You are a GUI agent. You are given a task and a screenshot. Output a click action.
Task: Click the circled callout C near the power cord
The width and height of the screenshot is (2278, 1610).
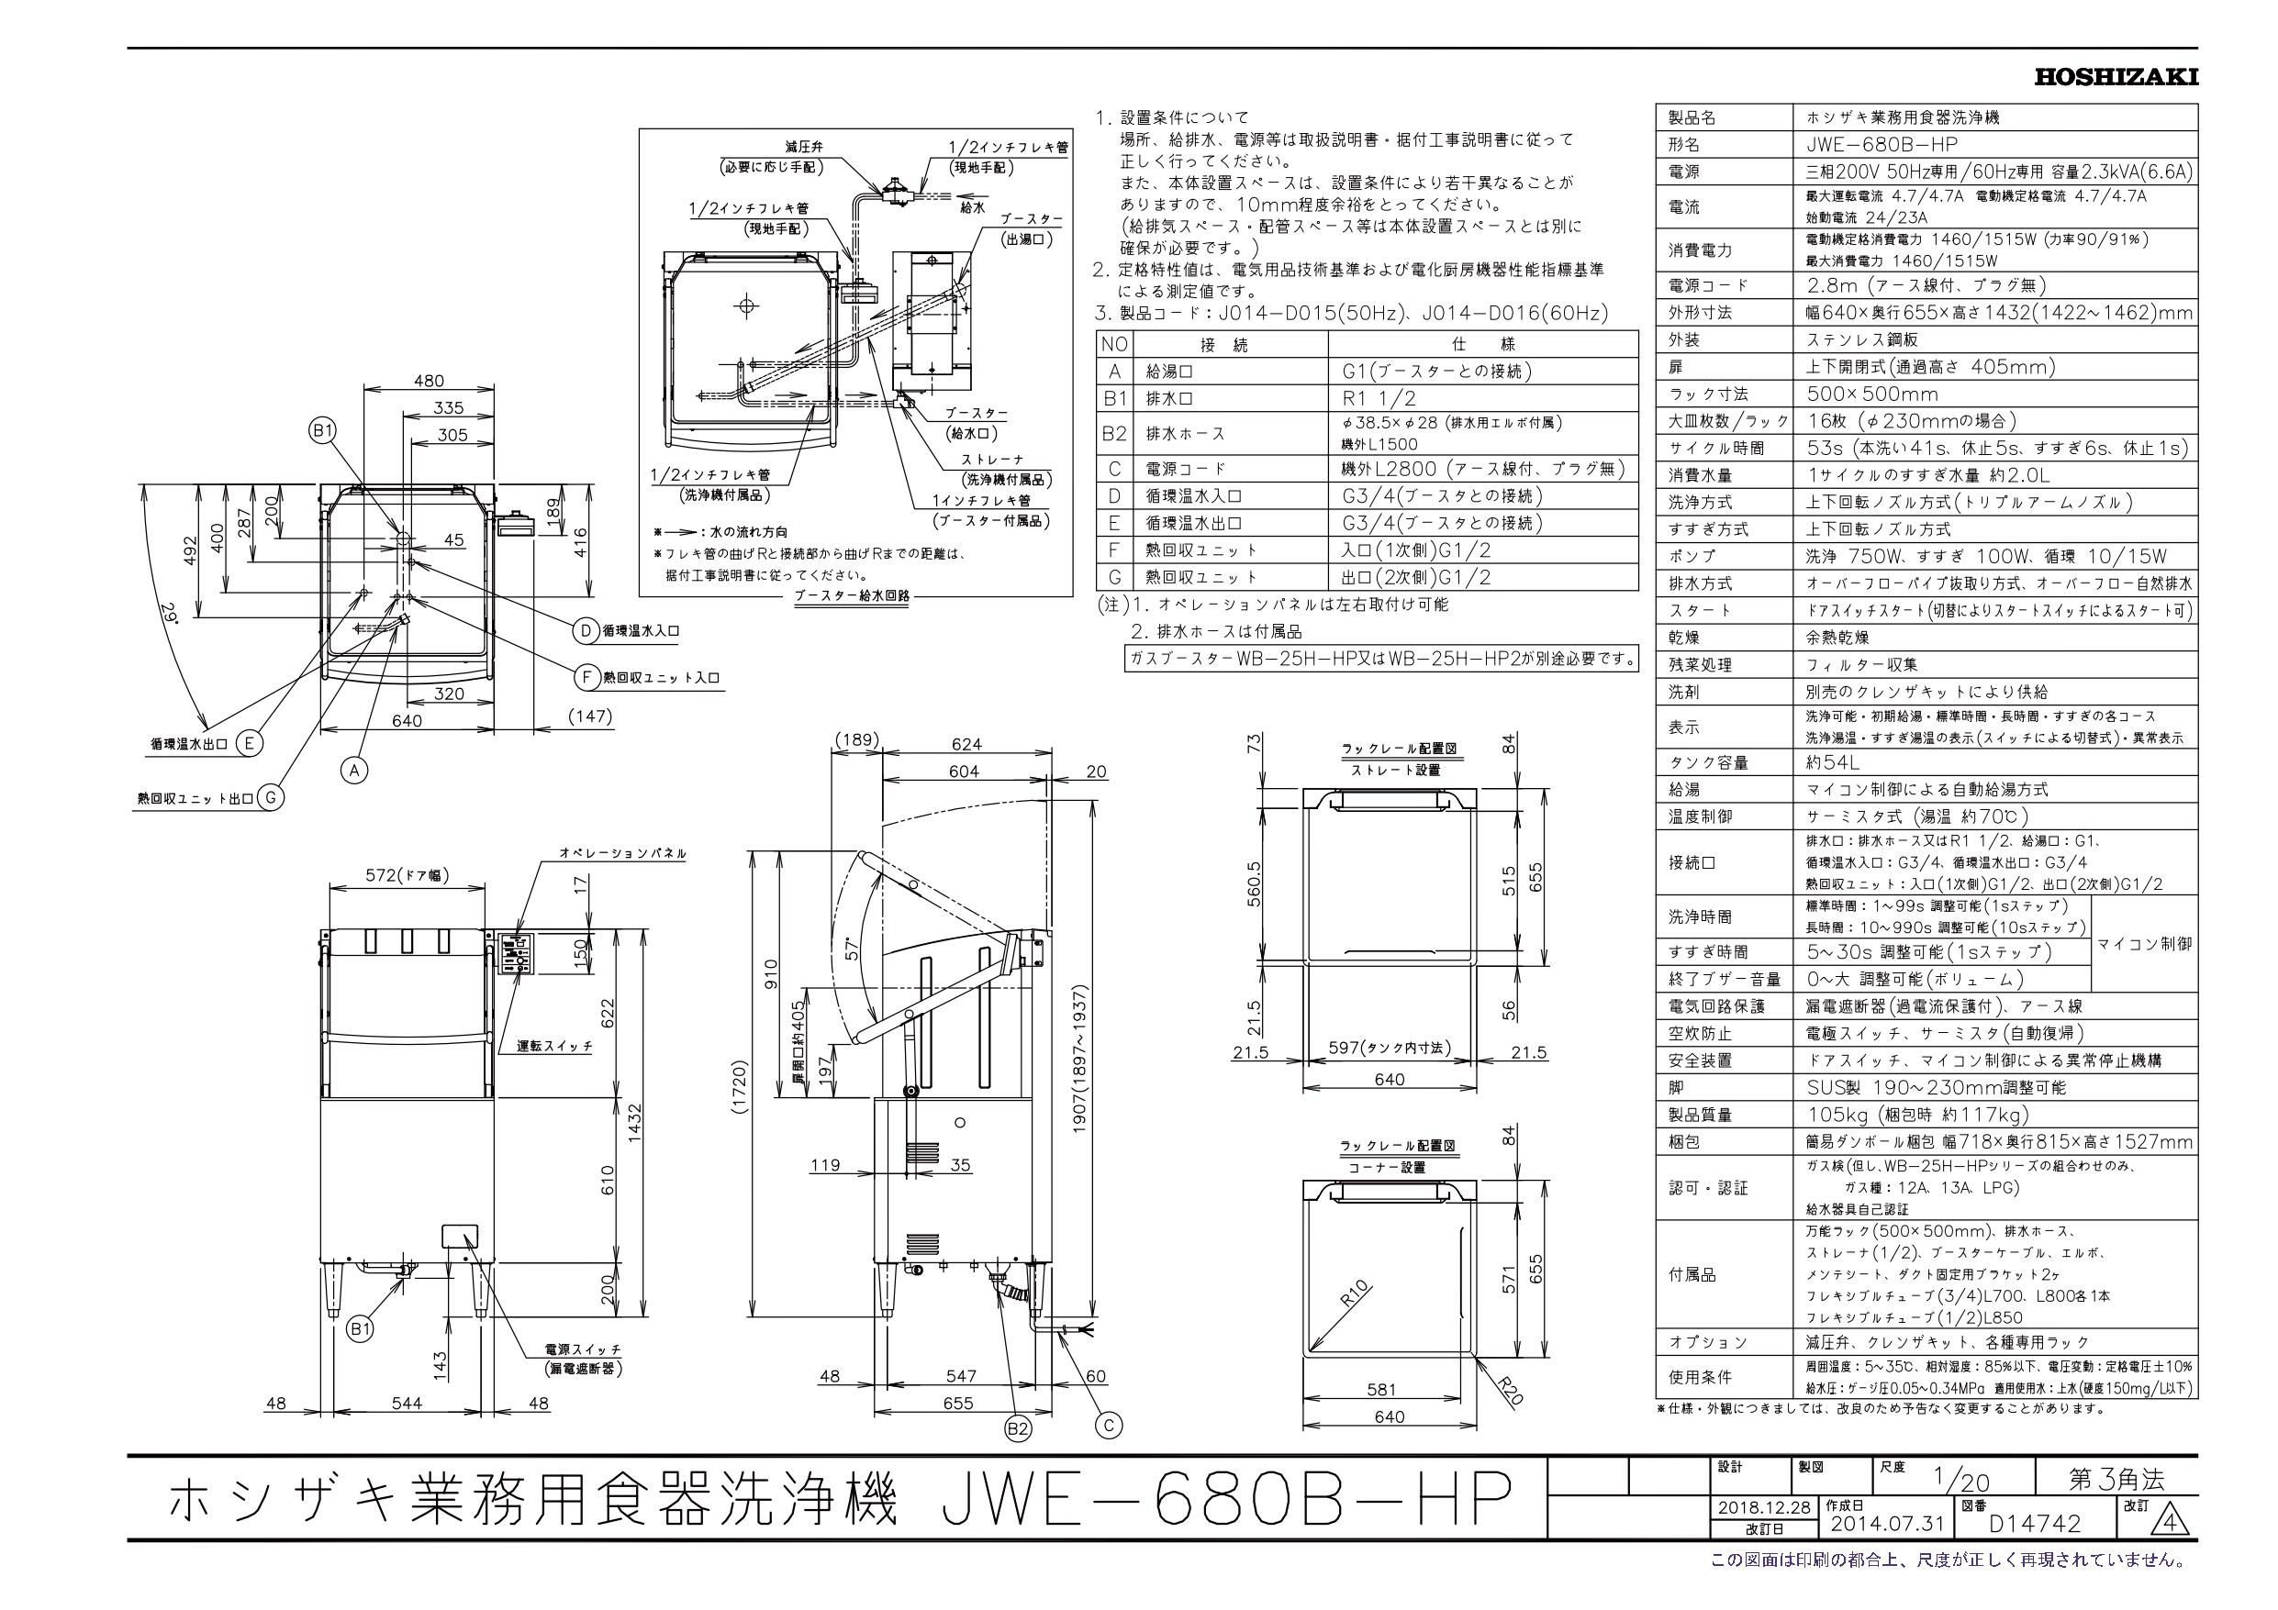(x=1108, y=1426)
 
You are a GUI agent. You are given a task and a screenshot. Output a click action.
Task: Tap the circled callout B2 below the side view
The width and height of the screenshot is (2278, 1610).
(x=1017, y=1428)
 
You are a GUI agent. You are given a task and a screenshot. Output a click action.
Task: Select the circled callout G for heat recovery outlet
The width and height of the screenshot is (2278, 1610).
(x=270, y=796)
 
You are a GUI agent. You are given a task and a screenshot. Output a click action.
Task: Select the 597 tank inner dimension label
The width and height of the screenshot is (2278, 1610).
(x=1389, y=1047)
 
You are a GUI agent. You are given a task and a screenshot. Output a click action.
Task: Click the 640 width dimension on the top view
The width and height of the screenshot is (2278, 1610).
(x=408, y=720)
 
